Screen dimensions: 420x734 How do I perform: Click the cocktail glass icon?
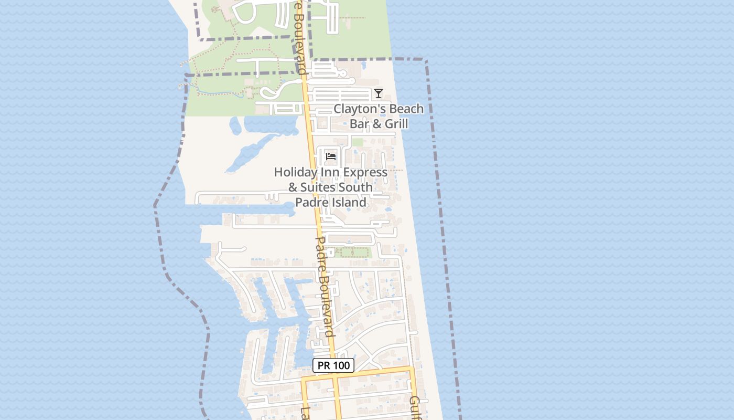[379, 93]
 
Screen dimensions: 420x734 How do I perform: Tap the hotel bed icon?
[330, 156]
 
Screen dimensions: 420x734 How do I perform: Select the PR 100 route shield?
[333, 365]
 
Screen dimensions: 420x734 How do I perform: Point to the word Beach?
[406, 109]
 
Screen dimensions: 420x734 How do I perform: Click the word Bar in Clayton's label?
[359, 124]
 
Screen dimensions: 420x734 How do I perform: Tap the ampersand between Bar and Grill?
[375, 124]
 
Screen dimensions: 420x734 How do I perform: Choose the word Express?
[366, 172]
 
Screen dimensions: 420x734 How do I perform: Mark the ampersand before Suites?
[293, 187]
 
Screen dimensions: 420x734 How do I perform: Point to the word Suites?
[317, 187]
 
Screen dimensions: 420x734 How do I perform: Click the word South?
[355, 187]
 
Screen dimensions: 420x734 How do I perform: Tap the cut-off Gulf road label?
[415, 407]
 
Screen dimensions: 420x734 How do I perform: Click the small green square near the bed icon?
[357, 142]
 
